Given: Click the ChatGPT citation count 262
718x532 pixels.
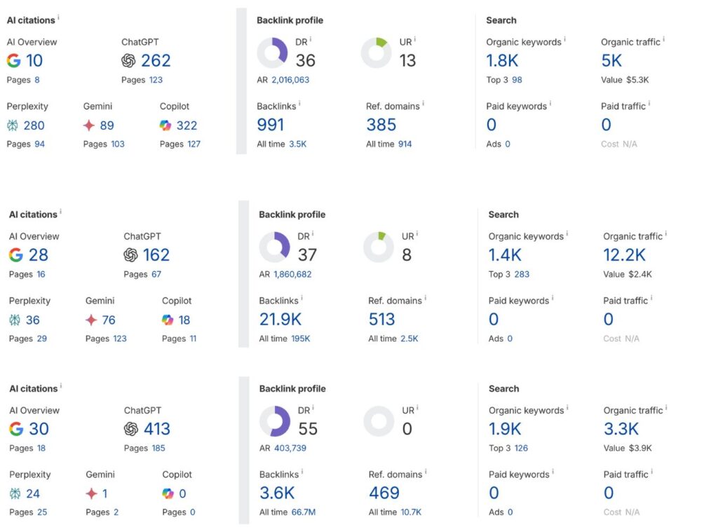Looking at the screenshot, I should tap(156, 61).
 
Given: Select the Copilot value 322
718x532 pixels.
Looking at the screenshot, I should tap(187, 125).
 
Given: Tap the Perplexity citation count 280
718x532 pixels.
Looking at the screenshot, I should tap(34, 125).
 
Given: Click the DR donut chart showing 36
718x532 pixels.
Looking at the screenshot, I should tap(272, 53).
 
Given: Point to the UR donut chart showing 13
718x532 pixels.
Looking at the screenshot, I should tap(376, 53).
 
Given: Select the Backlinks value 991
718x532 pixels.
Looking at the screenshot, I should tap(271, 125).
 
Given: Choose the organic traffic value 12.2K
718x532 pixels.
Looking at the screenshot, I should tap(624, 255).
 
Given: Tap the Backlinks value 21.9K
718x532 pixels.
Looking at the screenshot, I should tap(280, 320).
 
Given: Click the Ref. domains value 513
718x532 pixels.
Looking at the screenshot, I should tap(382, 320).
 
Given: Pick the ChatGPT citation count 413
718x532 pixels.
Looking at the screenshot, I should tap(156, 429).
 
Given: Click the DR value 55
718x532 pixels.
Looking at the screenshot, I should tap(308, 429).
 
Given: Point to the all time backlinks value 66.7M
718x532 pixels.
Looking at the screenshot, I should tap(304, 512).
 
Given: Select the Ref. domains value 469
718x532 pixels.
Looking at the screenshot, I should tap(384, 493).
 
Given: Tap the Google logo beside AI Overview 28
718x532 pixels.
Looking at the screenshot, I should tap(15, 255).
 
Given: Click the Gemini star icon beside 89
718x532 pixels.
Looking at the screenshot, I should tap(89, 125).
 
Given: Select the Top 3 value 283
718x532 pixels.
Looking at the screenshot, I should tap(522, 274).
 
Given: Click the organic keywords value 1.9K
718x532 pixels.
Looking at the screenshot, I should tap(505, 429).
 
